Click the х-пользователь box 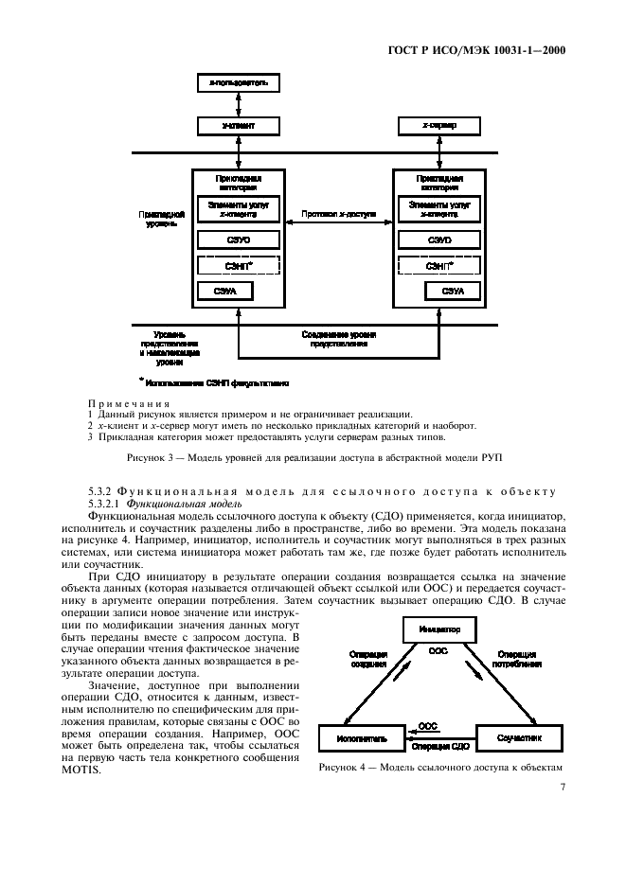coord(239,83)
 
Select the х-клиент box coord(239,125)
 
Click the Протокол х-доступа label coord(338,215)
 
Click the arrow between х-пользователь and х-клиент coord(239,104)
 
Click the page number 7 coord(562,785)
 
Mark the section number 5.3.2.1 coord(106,503)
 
